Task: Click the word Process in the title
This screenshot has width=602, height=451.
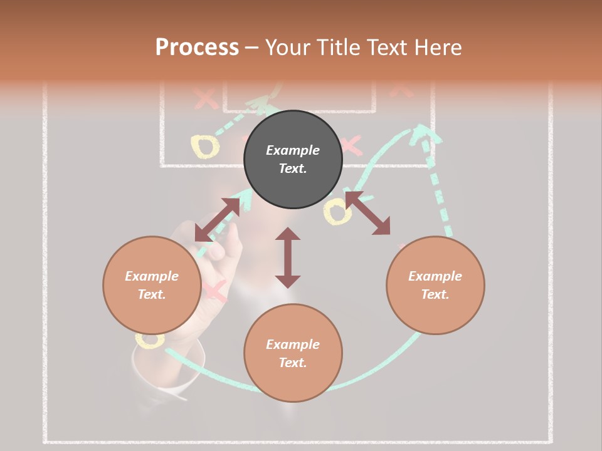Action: pyautogui.click(x=197, y=47)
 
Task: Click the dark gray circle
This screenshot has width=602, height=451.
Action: pyautogui.click(x=293, y=159)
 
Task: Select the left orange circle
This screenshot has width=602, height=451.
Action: pyautogui.click(x=152, y=285)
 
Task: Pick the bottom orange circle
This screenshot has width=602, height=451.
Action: pyautogui.click(x=293, y=353)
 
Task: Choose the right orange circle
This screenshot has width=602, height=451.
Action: pyautogui.click(x=435, y=285)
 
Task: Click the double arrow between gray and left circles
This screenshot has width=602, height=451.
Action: pyautogui.click(x=218, y=219)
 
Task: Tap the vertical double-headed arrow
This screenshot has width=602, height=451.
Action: pyautogui.click(x=288, y=257)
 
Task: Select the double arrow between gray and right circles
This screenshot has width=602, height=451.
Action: pyautogui.click(x=368, y=214)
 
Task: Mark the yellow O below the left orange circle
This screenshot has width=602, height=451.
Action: pyautogui.click(x=150, y=340)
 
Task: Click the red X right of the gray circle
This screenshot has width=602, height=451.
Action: pyautogui.click(x=351, y=145)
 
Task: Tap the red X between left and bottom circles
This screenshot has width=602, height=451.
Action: pyautogui.click(x=214, y=291)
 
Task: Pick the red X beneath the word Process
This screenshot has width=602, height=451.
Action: pyautogui.click(x=204, y=98)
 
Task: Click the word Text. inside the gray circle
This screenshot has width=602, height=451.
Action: pyautogui.click(x=292, y=168)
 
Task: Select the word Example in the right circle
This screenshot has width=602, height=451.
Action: pyautogui.click(x=435, y=276)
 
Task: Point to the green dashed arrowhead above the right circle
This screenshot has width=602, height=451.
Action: pyautogui.click(x=424, y=133)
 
